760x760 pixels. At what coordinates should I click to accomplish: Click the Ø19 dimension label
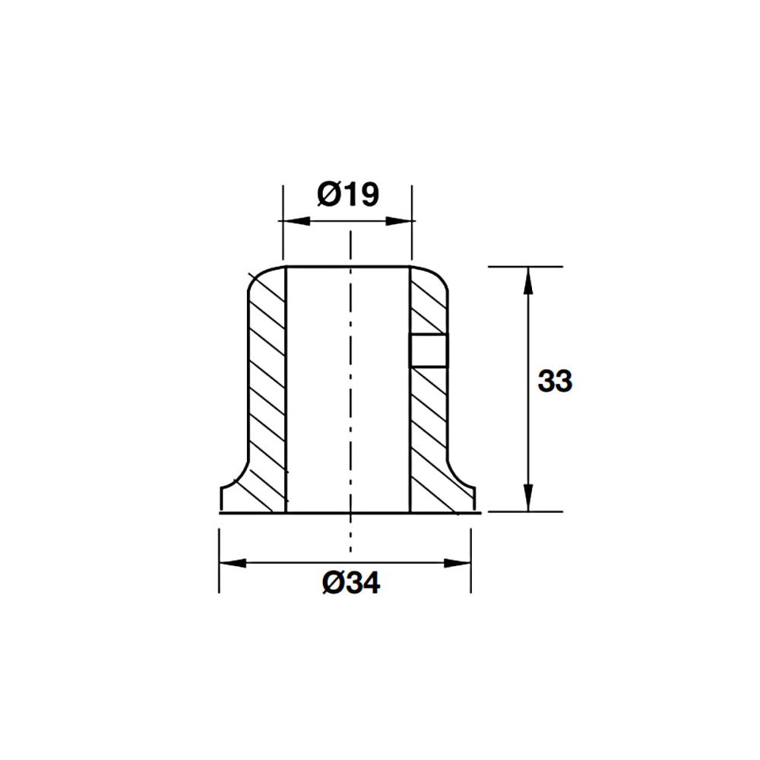pos(348,195)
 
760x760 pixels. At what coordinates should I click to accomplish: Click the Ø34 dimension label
pos(351,583)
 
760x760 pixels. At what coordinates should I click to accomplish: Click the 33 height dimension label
pos(555,381)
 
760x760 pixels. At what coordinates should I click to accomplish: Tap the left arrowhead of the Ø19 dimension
pos(296,221)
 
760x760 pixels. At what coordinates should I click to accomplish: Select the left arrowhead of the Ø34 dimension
pos(233,563)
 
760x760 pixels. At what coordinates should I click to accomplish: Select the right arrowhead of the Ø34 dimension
pos(458,563)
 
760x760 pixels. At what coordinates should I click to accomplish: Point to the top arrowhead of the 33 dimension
pos(528,280)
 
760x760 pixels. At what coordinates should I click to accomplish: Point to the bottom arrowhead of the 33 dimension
pos(528,498)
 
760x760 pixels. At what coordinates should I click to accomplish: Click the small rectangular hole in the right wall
pos(429,350)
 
